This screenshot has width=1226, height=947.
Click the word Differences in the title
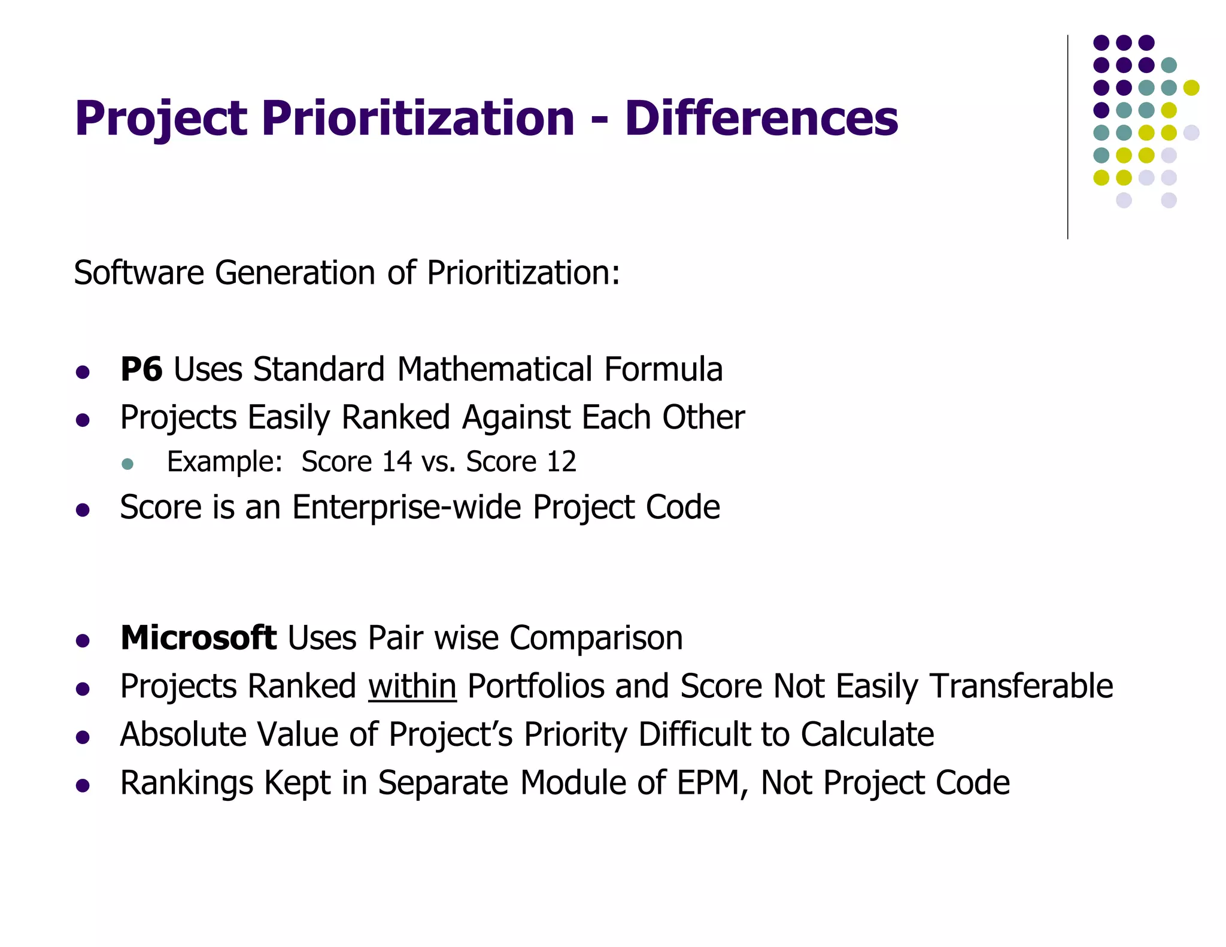click(761, 118)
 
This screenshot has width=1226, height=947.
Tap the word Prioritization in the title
click(418, 118)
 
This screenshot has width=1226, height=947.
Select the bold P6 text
click(141, 369)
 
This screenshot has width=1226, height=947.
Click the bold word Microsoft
click(198, 638)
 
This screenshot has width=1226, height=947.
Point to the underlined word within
click(412, 686)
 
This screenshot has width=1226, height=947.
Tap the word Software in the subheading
click(139, 273)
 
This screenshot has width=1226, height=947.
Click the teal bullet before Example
click(127, 463)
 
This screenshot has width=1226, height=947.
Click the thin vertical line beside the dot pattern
click(1067, 137)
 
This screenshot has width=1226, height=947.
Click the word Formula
click(663, 369)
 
